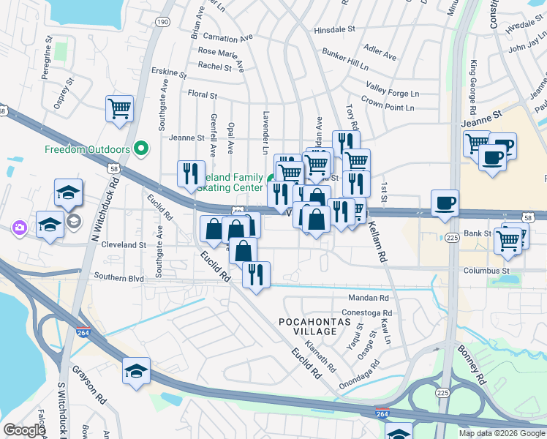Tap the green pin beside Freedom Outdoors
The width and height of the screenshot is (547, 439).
pyautogui.click(x=142, y=149)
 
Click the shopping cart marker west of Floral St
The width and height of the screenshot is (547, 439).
pyautogui.click(x=119, y=109)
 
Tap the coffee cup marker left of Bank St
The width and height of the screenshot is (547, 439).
pyautogui.click(x=444, y=203)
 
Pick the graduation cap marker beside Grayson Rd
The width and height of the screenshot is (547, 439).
pyautogui.click(x=136, y=371)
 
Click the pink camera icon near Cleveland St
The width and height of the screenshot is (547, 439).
pyautogui.click(x=18, y=228)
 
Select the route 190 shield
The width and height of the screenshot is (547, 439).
pyautogui.click(x=162, y=22)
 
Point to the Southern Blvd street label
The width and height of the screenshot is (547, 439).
pyautogui.click(x=119, y=277)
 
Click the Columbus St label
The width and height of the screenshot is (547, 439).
pyautogui.click(x=486, y=271)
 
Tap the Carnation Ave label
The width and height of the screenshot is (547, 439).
pyautogui.click(x=227, y=37)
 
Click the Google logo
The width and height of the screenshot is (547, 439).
pyautogui.click(x=25, y=430)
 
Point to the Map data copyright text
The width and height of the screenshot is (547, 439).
pyautogui.click(x=501, y=433)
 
